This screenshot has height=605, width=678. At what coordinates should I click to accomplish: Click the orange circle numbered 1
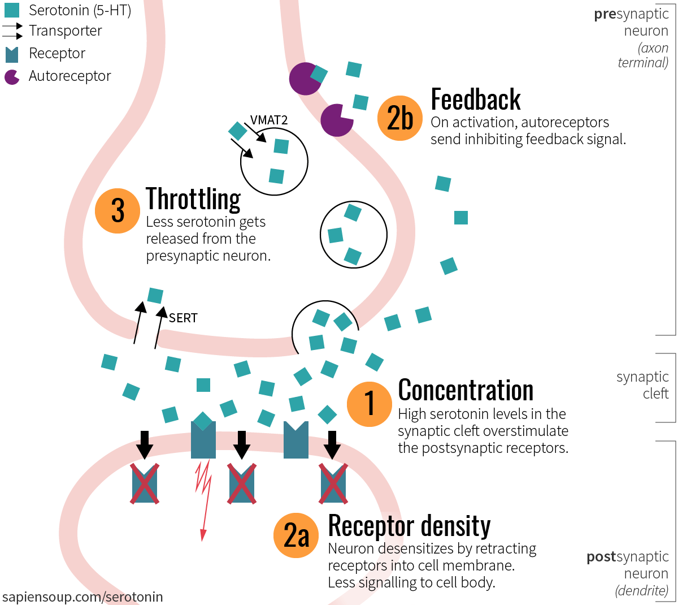(x=369, y=404)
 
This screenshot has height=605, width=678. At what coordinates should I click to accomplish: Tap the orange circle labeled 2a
(x=295, y=535)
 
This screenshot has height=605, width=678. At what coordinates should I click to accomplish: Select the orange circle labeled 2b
(x=399, y=118)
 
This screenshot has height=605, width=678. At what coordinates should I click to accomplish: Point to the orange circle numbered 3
(x=118, y=211)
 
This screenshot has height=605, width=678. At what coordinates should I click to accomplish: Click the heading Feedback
(x=475, y=100)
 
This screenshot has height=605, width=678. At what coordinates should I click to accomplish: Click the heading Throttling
(x=193, y=200)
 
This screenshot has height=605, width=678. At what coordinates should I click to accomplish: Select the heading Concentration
(x=466, y=390)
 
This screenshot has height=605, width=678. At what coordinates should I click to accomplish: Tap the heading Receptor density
(x=409, y=526)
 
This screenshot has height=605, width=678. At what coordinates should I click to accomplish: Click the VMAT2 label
(x=269, y=120)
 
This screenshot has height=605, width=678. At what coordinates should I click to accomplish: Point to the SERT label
(x=183, y=318)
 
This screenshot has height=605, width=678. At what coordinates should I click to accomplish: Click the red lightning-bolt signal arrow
(x=203, y=498)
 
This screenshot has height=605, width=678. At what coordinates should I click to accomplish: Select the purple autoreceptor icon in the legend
(x=12, y=77)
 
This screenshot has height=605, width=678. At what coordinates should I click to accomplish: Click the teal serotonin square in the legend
(x=12, y=10)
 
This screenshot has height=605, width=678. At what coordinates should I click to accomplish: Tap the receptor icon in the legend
(x=12, y=54)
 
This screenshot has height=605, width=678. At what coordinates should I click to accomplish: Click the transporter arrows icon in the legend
(x=12, y=31)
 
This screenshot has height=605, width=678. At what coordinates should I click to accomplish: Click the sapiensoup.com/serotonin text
(x=82, y=597)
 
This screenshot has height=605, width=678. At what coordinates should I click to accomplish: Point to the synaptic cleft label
(x=642, y=385)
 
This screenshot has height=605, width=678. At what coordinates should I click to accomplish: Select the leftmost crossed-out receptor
(x=145, y=483)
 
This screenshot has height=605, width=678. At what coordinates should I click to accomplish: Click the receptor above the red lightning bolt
(x=203, y=441)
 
